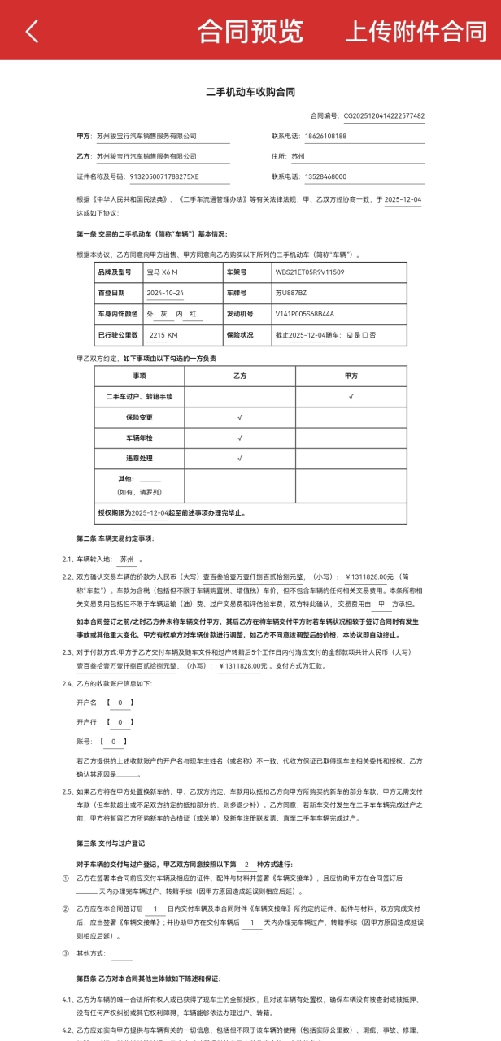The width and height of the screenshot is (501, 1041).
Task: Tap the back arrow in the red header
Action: tap(32, 32)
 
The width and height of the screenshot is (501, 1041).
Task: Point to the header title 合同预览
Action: tap(250, 32)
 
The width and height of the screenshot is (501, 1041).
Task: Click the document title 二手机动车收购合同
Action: tap(250, 92)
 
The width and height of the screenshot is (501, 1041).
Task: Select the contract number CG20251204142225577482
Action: tap(384, 116)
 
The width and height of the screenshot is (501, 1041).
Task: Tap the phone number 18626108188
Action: tap(325, 136)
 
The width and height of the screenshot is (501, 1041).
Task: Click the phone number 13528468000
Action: tap(325, 176)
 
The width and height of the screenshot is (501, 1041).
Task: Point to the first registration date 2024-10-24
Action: tap(165, 293)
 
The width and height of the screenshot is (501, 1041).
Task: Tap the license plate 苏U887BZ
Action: tap(291, 293)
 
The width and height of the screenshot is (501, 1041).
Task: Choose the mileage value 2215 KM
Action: tap(163, 334)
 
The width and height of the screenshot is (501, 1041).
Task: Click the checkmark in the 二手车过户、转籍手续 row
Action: tap(351, 396)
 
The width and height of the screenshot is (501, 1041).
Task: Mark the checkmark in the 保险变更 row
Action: tap(240, 417)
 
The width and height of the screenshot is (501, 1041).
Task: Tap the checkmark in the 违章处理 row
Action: tap(240, 458)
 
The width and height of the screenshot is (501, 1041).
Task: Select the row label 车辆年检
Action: tap(139, 438)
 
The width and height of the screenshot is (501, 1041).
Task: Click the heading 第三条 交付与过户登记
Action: tap(111, 843)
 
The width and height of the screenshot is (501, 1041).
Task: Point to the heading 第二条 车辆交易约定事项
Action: tap(115, 538)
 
